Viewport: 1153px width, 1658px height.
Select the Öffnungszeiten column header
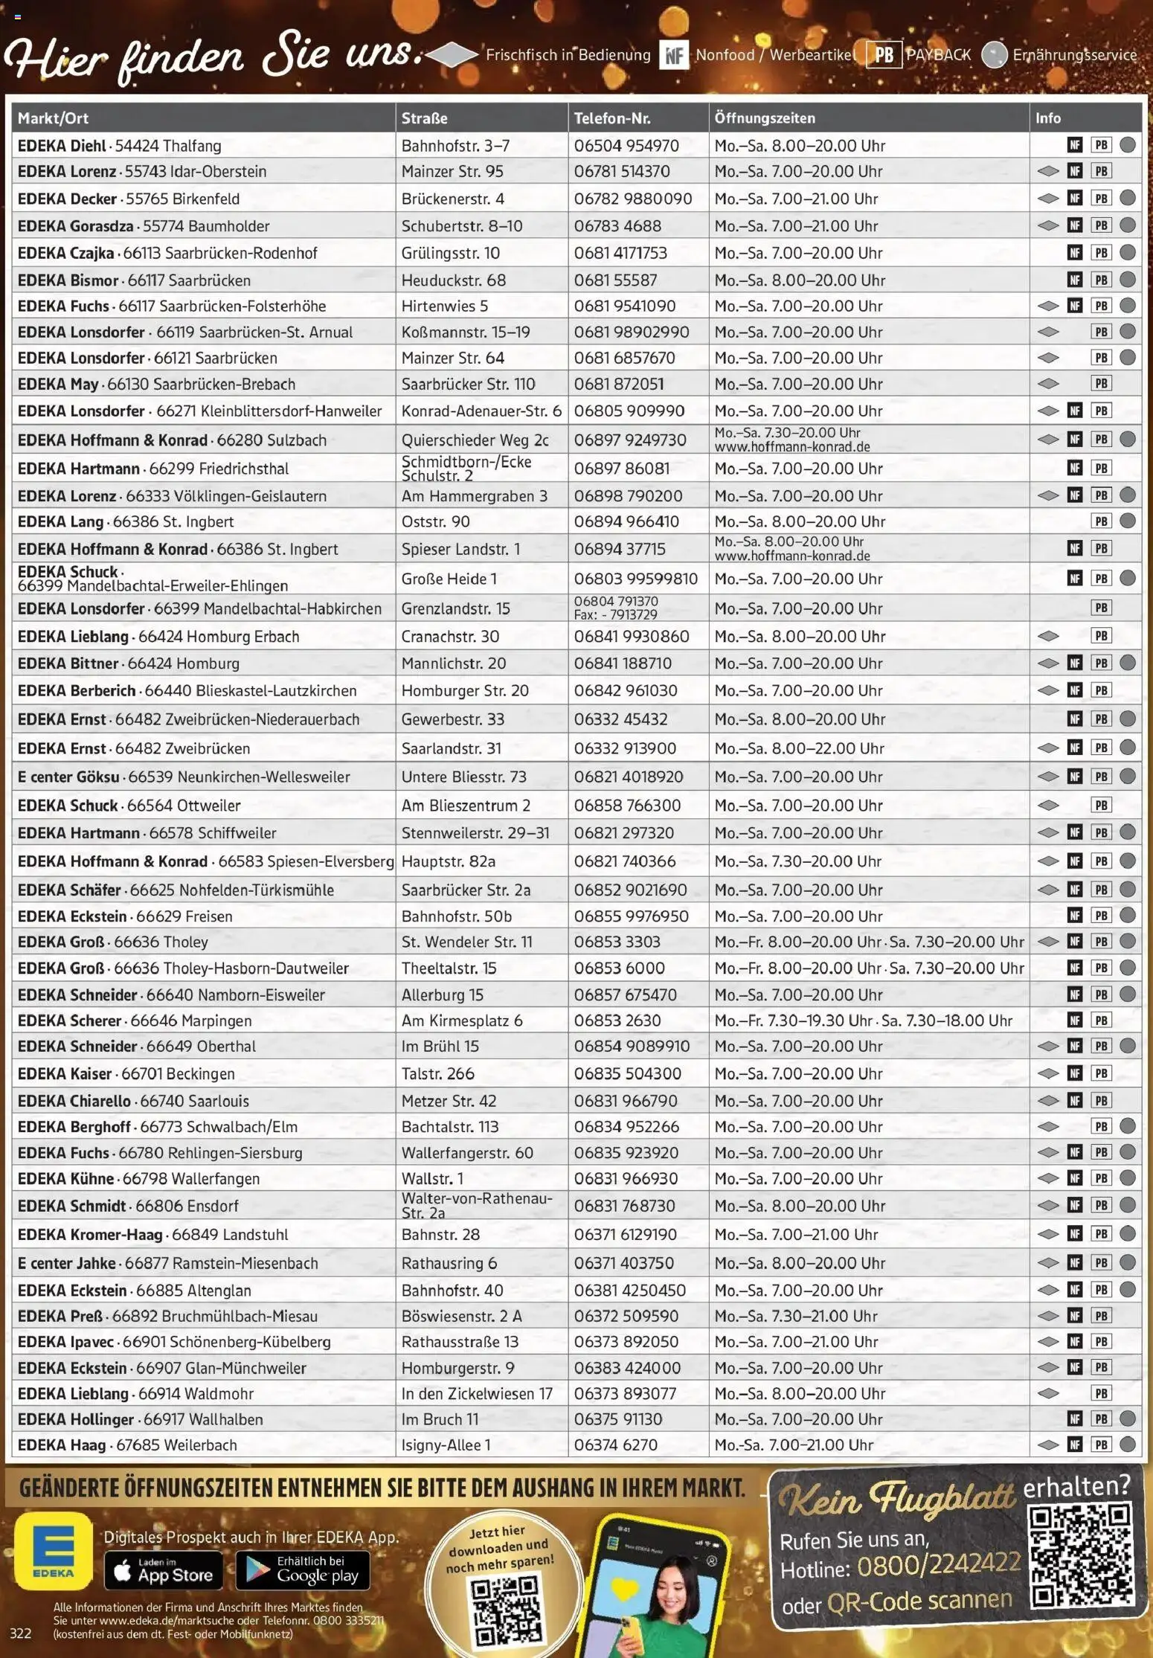764,118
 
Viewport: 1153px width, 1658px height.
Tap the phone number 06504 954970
626,146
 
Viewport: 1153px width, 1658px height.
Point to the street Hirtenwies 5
445,306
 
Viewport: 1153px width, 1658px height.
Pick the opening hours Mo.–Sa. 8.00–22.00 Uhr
799,749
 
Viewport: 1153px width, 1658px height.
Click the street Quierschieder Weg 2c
475,440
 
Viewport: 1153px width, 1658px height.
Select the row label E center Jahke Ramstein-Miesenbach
167,1264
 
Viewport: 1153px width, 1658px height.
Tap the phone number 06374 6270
615,1445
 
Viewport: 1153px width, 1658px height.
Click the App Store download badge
163,1570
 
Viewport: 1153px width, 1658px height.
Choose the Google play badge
303,1570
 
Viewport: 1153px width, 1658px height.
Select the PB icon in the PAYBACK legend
884,55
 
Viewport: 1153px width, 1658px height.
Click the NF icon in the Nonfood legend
674,55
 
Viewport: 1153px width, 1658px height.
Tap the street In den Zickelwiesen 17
477,1394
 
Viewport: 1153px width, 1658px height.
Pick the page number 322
21,1633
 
